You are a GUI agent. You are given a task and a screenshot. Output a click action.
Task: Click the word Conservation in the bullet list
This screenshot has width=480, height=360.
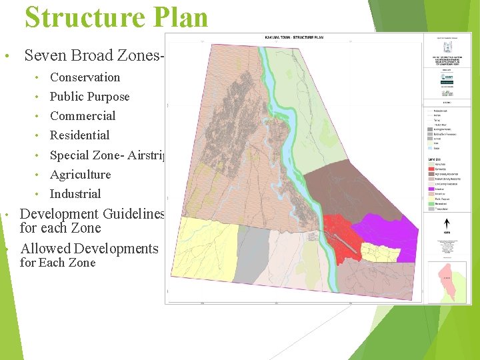coord(85,77)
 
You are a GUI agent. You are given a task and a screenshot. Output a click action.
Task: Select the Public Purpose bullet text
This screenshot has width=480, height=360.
coord(89,97)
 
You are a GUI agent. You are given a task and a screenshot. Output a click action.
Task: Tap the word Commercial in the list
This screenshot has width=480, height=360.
coord(83,116)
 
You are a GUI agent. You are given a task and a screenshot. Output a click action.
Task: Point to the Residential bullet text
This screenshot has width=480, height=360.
coord(79,135)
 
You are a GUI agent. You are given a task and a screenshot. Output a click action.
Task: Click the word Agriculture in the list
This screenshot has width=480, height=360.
coord(80,175)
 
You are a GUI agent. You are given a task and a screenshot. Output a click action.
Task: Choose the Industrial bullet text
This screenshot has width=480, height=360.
coord(75,194)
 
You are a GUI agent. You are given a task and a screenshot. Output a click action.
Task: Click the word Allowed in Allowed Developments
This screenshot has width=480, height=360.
coord(45,249)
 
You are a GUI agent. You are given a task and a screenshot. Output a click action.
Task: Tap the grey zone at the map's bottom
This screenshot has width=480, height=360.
coord(253,260)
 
